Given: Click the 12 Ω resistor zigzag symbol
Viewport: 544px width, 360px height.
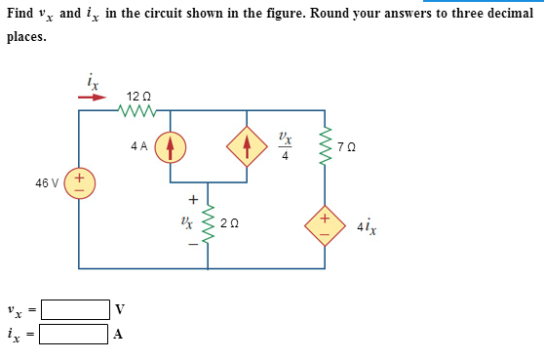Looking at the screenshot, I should click(x=137, y=110).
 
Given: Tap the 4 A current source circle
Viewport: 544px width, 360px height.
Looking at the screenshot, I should click(x=171, y=146).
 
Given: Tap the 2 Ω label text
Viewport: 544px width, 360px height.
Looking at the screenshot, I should click(x=228, y=223).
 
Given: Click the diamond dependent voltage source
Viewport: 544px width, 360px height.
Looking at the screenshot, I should click(x=328, y=223).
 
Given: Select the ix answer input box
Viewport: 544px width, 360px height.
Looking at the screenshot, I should click(x=75, y=335).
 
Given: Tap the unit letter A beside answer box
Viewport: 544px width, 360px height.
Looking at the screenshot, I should click(x=119, y=336).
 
